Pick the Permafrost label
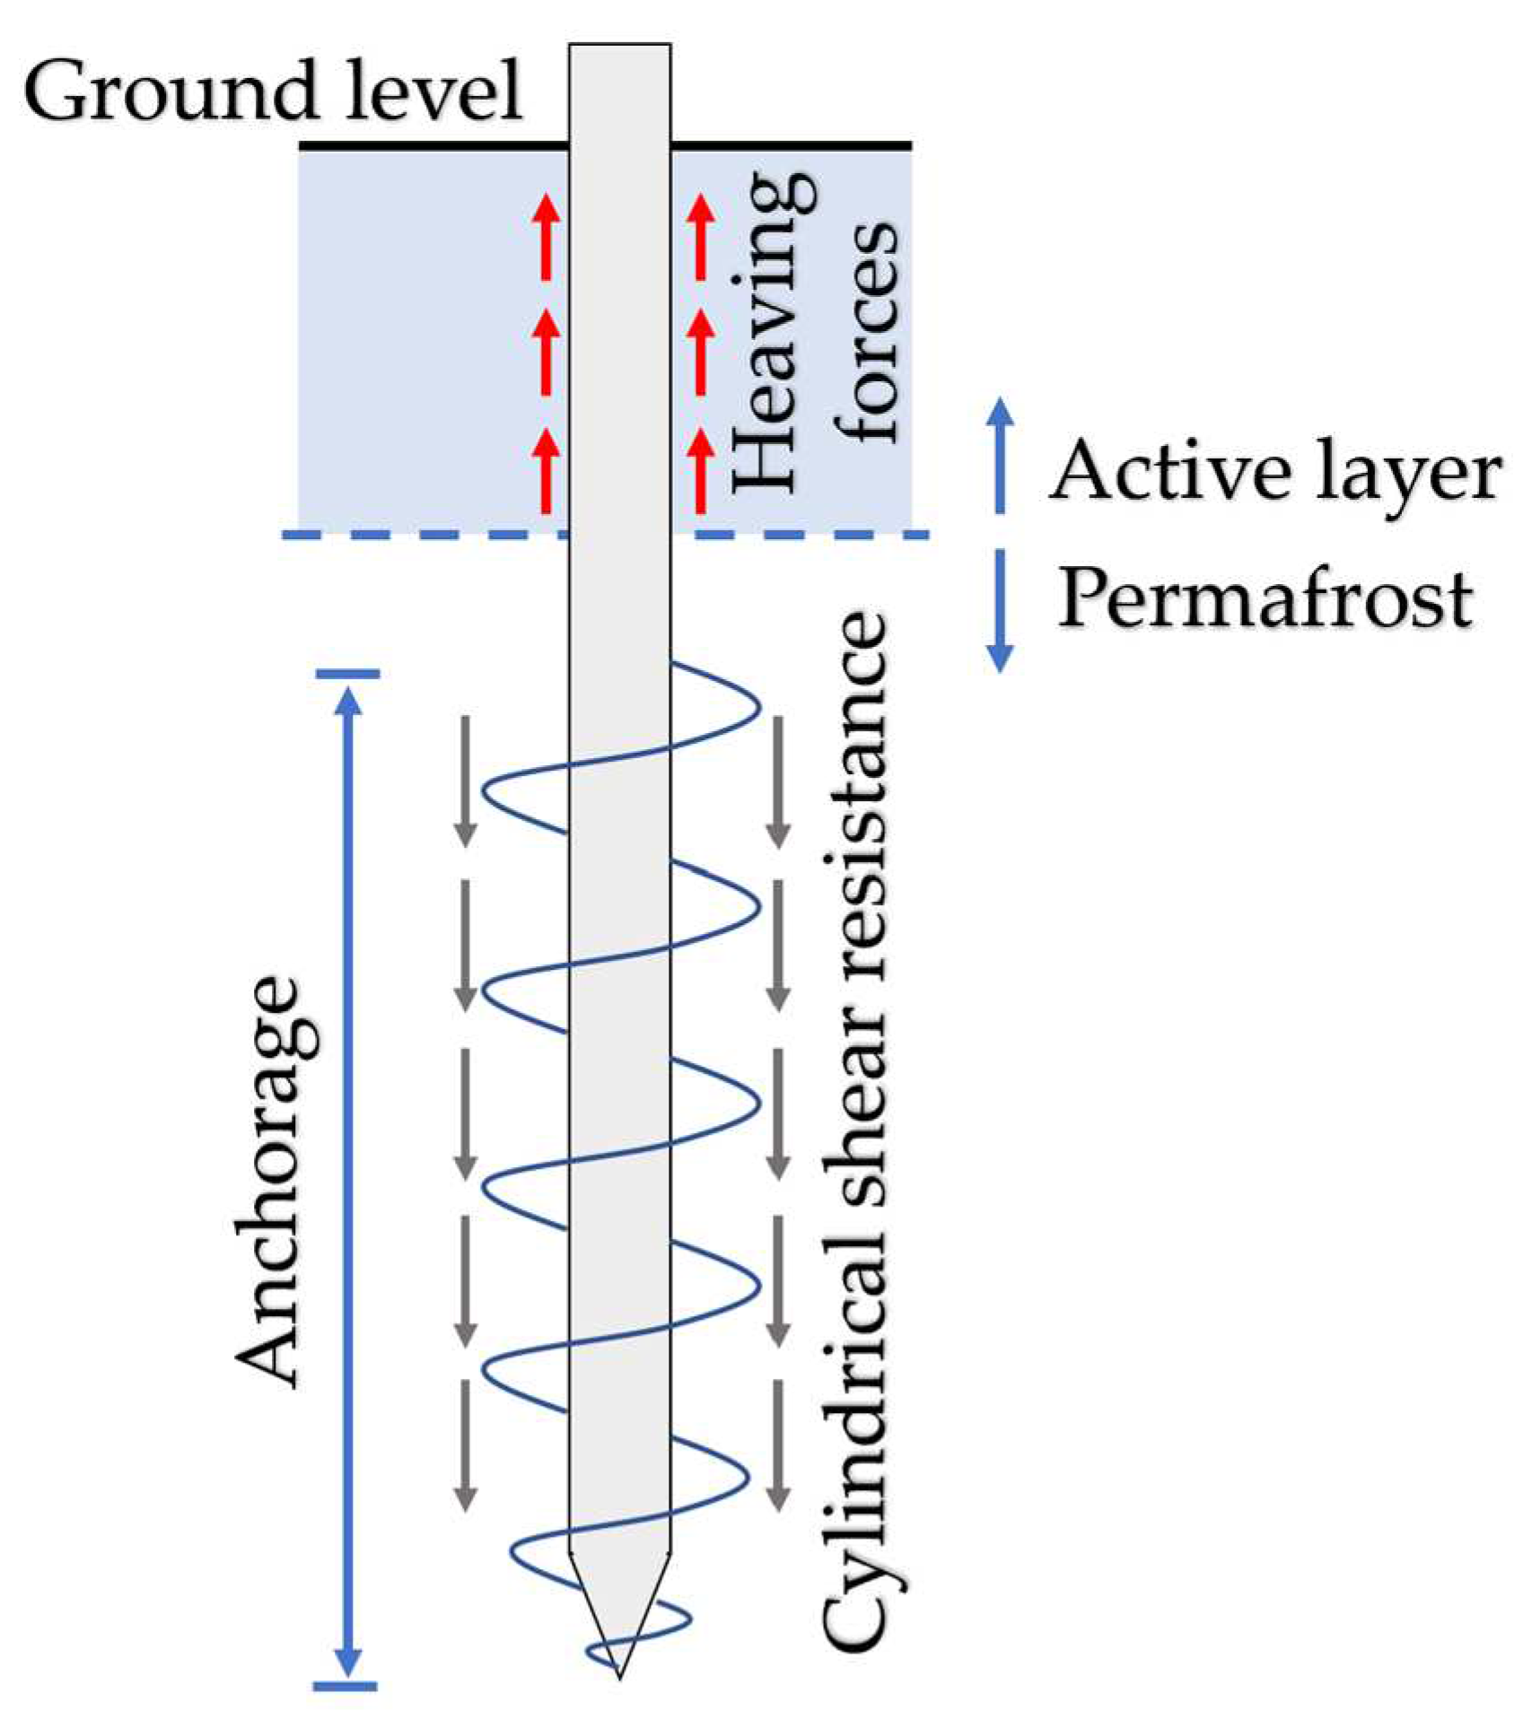coord(1265,599)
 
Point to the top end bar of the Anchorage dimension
coord(347,673)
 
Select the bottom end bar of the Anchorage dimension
coord(346,1686)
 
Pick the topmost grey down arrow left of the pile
coord(465,781)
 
